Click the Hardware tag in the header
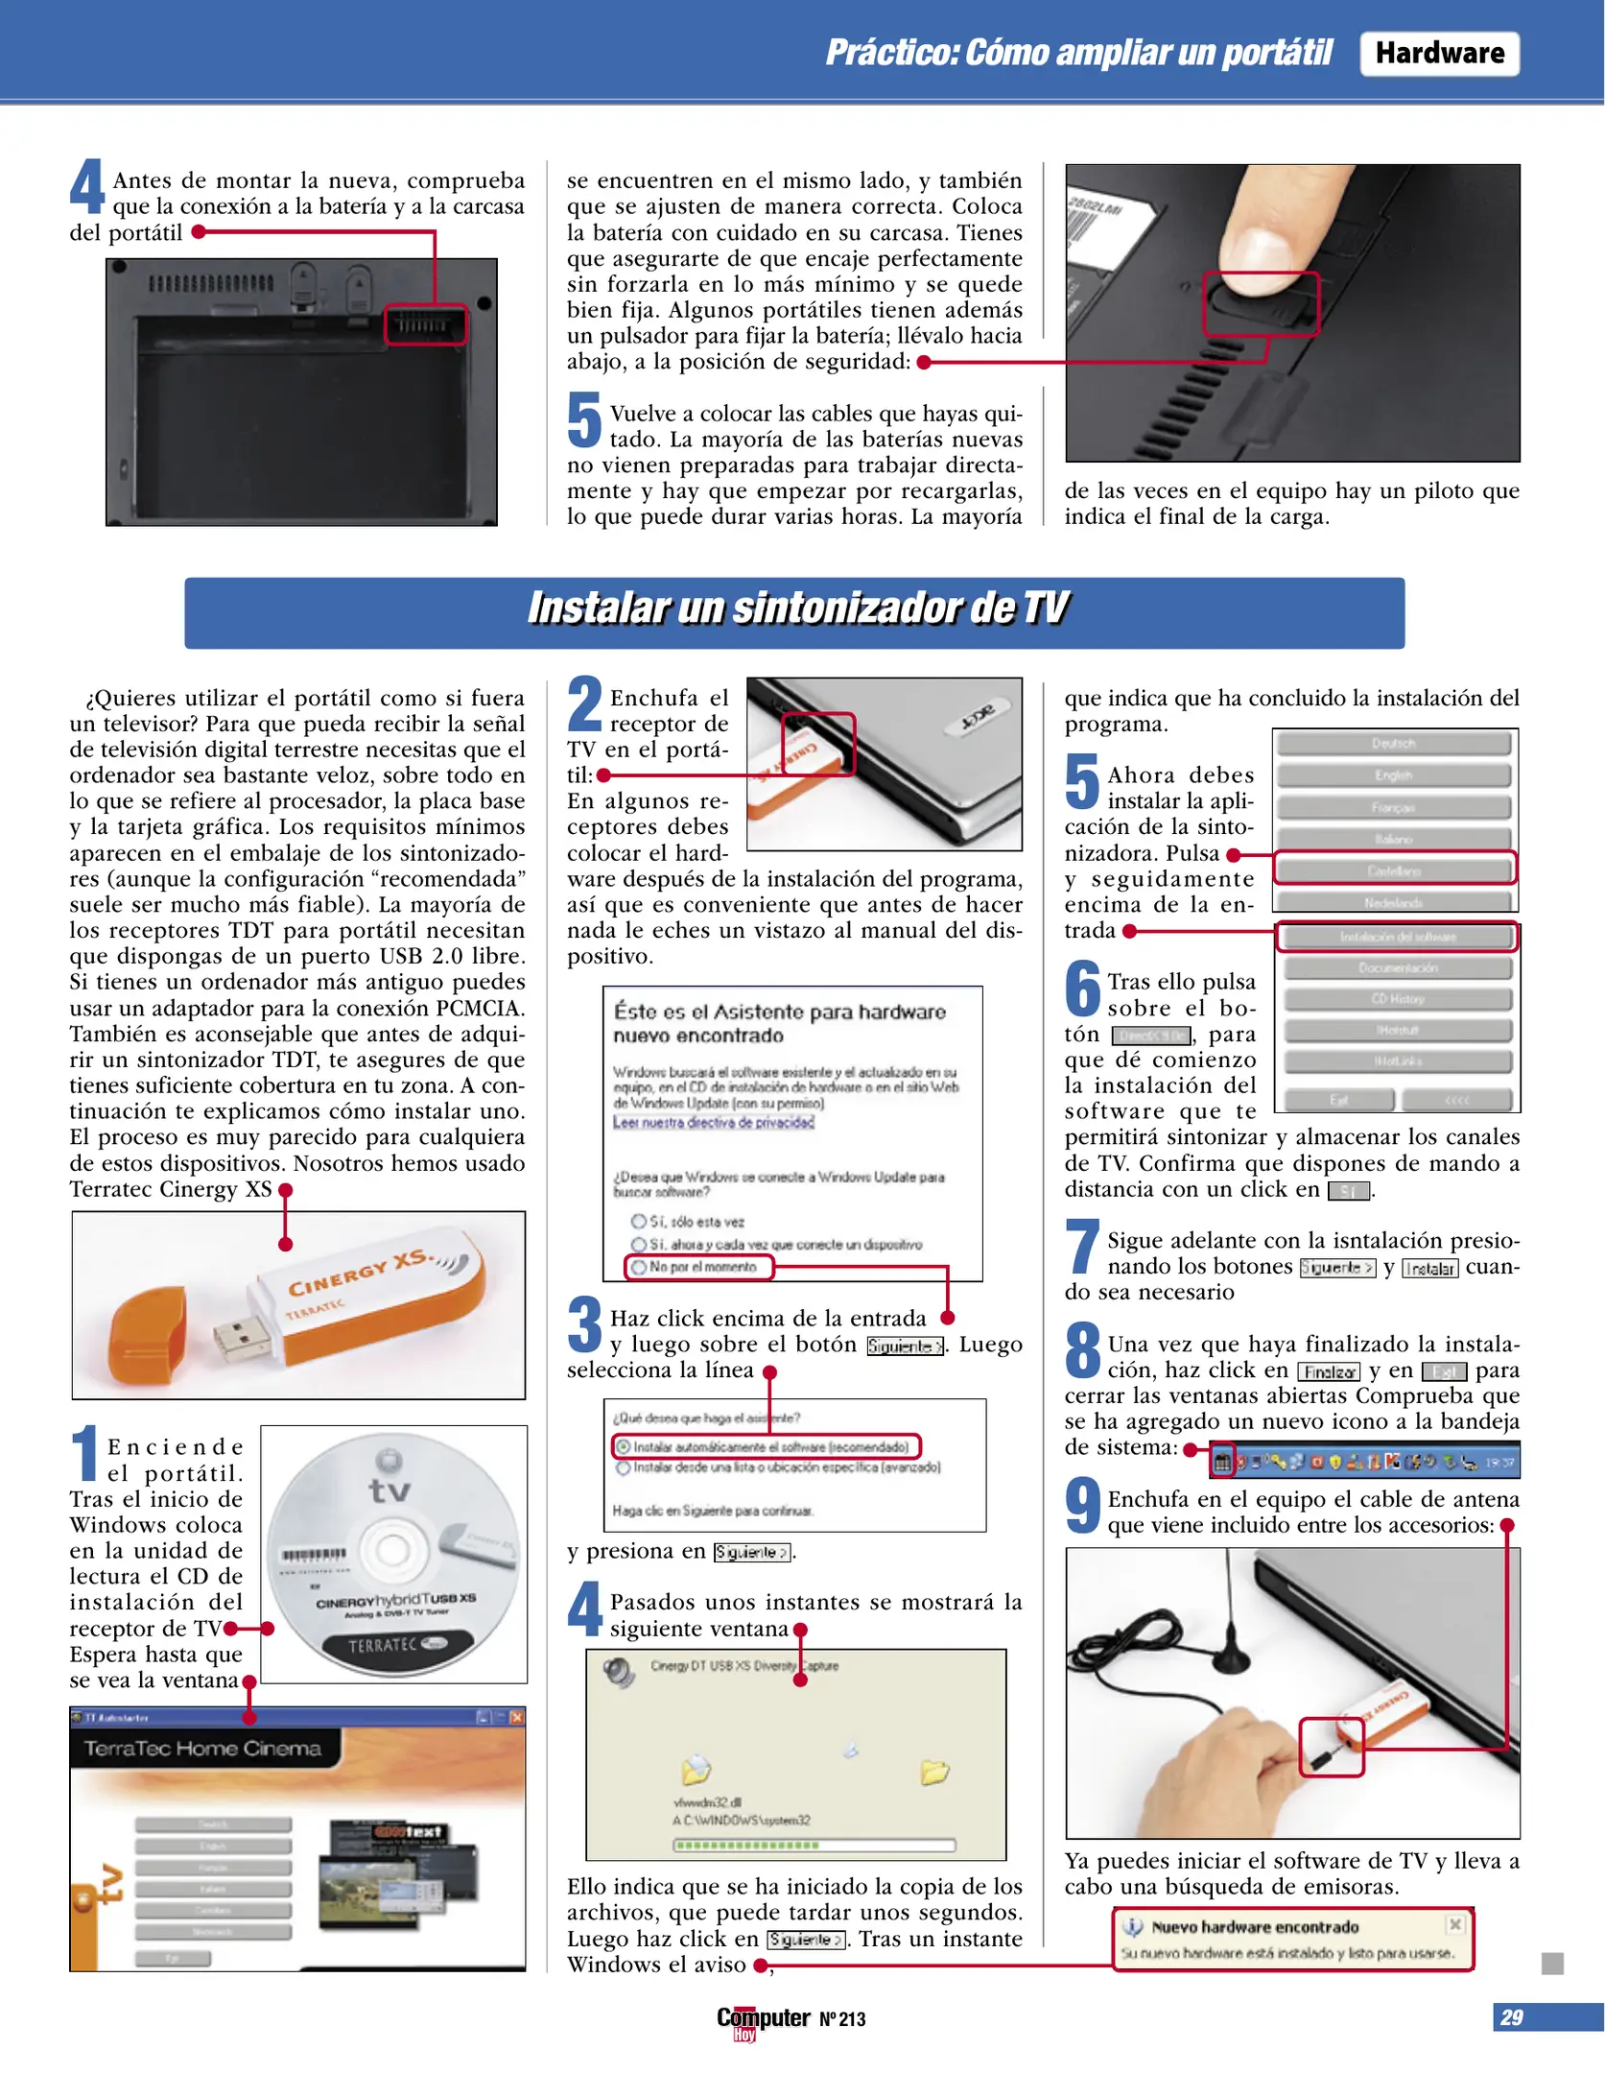1438,53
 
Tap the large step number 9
1083,1505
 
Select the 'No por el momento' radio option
638,1268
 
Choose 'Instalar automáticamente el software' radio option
624,1446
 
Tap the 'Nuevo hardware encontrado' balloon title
1254,1926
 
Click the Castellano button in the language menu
1394,870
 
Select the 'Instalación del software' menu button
1397,937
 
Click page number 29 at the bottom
1511,2018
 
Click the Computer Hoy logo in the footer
763,2020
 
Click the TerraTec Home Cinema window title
201,1749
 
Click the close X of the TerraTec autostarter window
516,1717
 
